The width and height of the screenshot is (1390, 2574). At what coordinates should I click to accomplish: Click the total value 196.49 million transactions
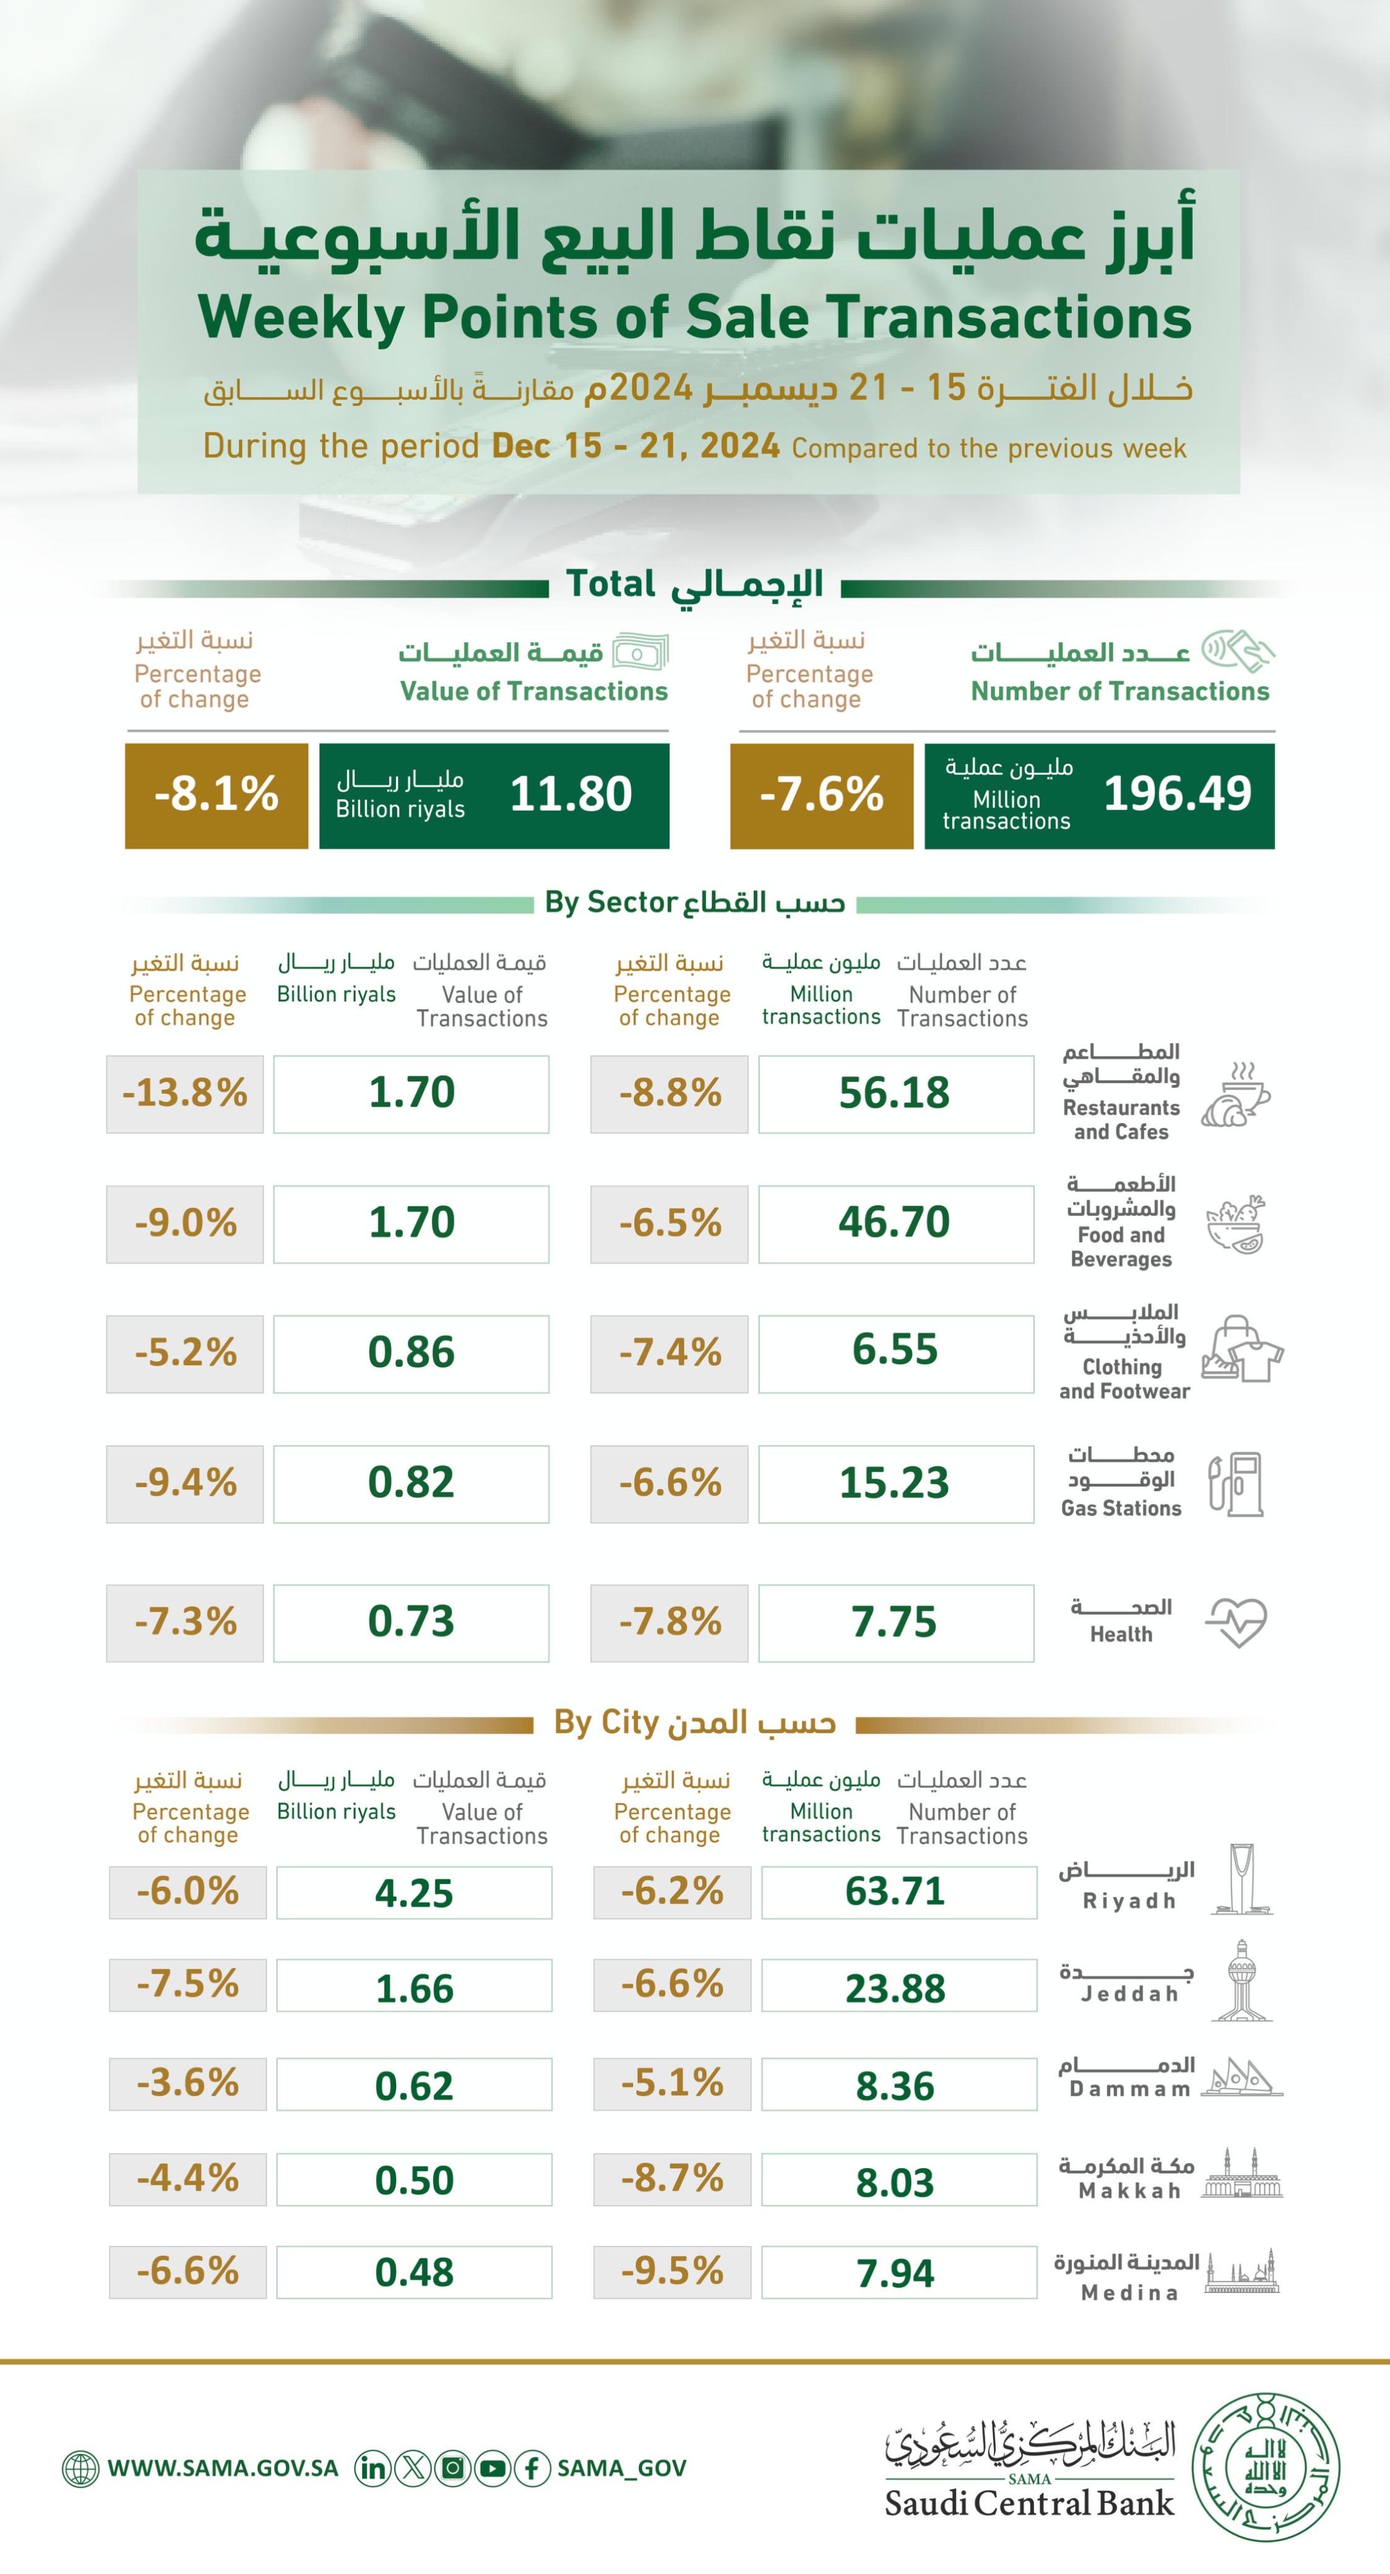coord(1176,794)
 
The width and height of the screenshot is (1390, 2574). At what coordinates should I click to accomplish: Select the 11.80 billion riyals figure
coord(571,794)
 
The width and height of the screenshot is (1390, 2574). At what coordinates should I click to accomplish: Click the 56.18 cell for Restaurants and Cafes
coord(895,1093)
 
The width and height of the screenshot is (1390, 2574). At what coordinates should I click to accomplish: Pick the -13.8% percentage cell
coord(185,1093)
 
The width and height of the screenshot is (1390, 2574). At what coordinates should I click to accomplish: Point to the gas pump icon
coord(1236,1484)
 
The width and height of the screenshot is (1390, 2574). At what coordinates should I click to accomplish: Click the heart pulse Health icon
coord(1236,1622)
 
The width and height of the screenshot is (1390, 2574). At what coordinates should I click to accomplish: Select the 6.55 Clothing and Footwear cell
coord(895,1351)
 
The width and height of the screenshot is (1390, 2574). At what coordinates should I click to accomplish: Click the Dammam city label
coord(1129,2089)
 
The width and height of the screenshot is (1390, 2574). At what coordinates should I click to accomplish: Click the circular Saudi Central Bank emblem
coord(1267,2467)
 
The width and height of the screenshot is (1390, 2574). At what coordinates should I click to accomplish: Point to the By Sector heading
coord(695,903)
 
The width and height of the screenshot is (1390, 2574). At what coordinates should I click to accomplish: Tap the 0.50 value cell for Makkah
coord(414,2181)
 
